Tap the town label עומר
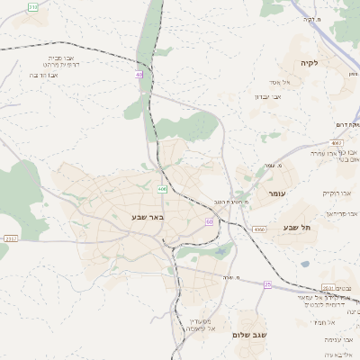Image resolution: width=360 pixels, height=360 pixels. (275, 193)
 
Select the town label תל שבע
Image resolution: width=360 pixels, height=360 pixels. (296, 229)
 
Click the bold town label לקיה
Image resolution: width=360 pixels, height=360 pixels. (310, 63)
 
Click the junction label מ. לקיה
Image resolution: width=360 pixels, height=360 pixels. (312, 44)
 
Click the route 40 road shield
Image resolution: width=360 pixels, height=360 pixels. (139, 75)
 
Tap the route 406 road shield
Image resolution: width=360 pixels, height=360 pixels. (162, 189)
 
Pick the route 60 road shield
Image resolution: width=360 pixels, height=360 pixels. (209, 221)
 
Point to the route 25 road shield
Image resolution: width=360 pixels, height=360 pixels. (267, 283)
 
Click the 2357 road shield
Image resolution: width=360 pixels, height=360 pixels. (11, 238)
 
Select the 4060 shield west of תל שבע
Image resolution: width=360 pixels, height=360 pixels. (259, 230)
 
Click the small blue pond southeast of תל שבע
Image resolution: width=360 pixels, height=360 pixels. (305, 265)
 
